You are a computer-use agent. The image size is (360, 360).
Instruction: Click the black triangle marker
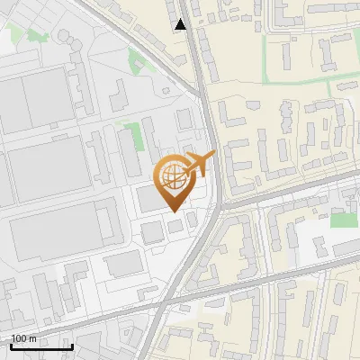[x=181, y=24]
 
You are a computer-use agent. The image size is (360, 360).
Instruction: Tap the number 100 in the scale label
[x=19, y=338]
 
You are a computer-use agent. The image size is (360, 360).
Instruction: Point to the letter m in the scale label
[x=32, y=338]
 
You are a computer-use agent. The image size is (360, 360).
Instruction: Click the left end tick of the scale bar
[x=11, y=346]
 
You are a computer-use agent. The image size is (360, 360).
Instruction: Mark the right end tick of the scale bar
[x=72, y=346]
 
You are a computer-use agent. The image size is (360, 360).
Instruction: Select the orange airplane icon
[x=201, y=164]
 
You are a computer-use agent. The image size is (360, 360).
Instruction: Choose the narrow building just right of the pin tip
[x=191, y=219]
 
